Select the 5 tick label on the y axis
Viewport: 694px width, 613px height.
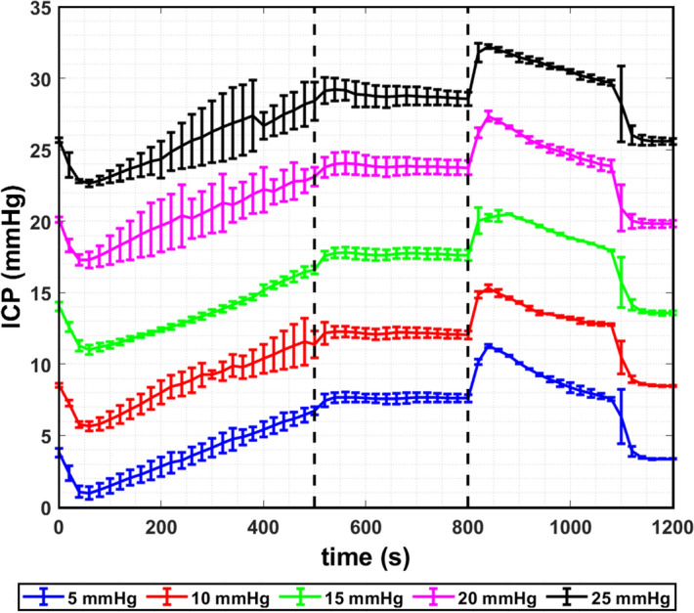43,437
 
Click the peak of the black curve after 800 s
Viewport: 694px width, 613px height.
479,46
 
